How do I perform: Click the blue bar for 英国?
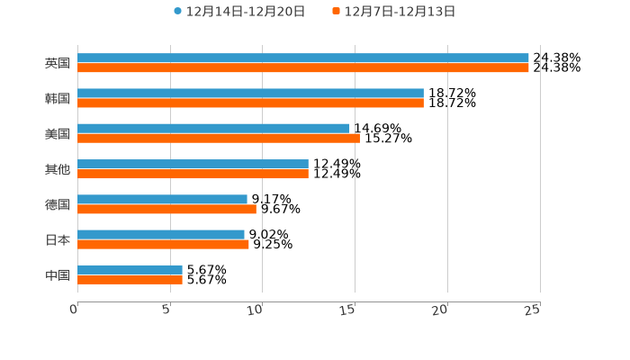click(x=303, y=58)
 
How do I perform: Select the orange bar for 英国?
click(x=303, y=67)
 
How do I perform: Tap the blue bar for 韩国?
click(x=250, y=93)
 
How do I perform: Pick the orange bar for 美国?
click(x=219, y=138)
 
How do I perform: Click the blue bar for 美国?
click(x=213, y=128)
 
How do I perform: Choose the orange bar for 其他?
click(x=193, y=174)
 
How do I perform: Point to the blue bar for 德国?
click(x=162, y=199)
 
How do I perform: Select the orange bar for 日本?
click(x=163, y=244)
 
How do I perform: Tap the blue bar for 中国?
click(x=130, y=269)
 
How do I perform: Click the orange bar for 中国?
click(x=130, y=279)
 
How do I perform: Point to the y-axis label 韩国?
click(x=58, y=98)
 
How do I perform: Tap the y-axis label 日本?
click(x=58, y=239)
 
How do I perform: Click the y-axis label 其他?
click(x=58, y=169)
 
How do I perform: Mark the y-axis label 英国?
click(x=58, y=63)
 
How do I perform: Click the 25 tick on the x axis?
click(x=533, y=310)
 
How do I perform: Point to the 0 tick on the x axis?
click(x=74, y=310)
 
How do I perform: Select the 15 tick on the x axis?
click(x=348, y=310)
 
